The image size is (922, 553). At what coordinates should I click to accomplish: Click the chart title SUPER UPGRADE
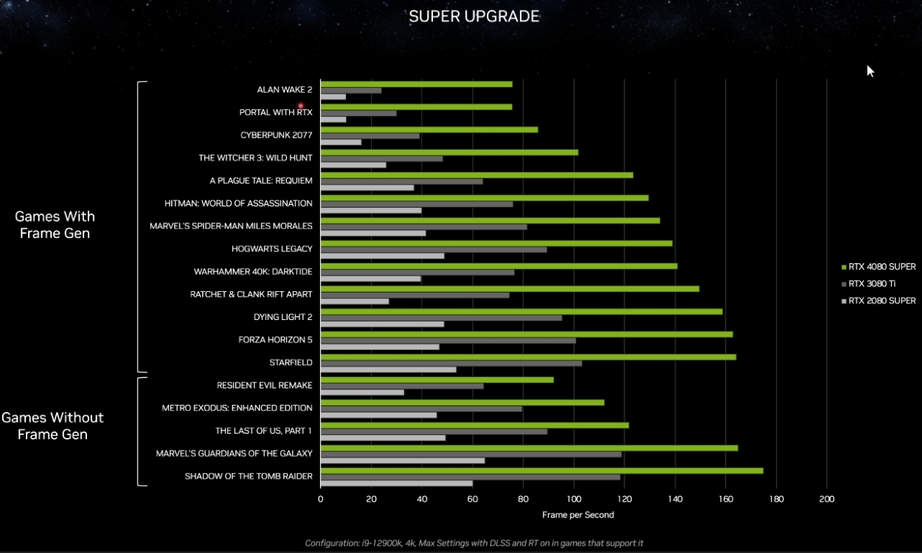pyautogui.click(x=474, y=16)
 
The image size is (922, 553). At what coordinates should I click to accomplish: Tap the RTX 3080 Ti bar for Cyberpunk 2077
pyautogui.click(x=370, y=136)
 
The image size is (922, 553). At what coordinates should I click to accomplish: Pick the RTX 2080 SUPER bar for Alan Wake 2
pyautogui.click(x=333, y=97)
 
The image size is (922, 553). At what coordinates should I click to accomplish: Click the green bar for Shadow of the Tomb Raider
pyautogui.click(x=541, y=470)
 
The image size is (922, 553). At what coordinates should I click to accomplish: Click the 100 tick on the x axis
pyautogui.click(x=574, y=499)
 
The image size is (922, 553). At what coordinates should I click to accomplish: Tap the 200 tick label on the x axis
pyautogui.click(x=827, y=499)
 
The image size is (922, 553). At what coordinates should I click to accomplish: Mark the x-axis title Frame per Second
pyautogui.click(x=578, y=515)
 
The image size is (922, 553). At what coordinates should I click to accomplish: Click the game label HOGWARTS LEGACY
pyautogui.click(x=271, y=249)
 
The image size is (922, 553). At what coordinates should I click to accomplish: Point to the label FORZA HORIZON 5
pyautogui.click(x=275, y=340)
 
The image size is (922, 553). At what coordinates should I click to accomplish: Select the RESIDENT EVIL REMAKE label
pyautogui.click(x=264, y=386)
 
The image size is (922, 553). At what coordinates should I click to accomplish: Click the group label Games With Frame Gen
pyautogui.click(x=55, y=225)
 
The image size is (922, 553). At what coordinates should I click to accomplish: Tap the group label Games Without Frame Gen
pyautogui.click(x=52, y=425)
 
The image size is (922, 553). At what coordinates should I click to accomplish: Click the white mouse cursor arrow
pyautogui.click(x=870, y=70)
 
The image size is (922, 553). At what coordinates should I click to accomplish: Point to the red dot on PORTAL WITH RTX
pyautogui.click(x=301, y=106)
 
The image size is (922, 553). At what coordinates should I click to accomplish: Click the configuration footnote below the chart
pyautogui.click(x=474, y=543)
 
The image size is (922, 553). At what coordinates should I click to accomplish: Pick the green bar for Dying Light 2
pyautogui.click(x=521, y=311)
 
